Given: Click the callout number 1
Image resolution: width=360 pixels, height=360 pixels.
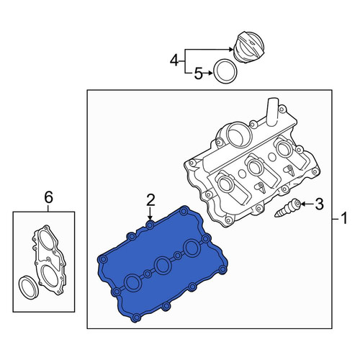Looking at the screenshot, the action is (x=344, y=218).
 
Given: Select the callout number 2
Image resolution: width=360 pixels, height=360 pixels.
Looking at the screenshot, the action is (x=150, y=200).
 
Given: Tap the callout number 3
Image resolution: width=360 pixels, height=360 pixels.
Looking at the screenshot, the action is (x=319, y=204).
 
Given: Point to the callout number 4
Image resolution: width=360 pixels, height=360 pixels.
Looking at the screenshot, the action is (x=174, y=60).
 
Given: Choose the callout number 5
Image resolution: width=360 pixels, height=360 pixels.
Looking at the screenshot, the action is (x=198, y=73).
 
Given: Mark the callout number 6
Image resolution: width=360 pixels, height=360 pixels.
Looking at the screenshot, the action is (x=48, y=198).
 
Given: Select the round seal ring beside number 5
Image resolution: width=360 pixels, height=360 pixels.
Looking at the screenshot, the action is (x=225, y=71).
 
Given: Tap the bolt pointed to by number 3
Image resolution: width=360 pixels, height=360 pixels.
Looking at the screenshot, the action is (x=288, y=208).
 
